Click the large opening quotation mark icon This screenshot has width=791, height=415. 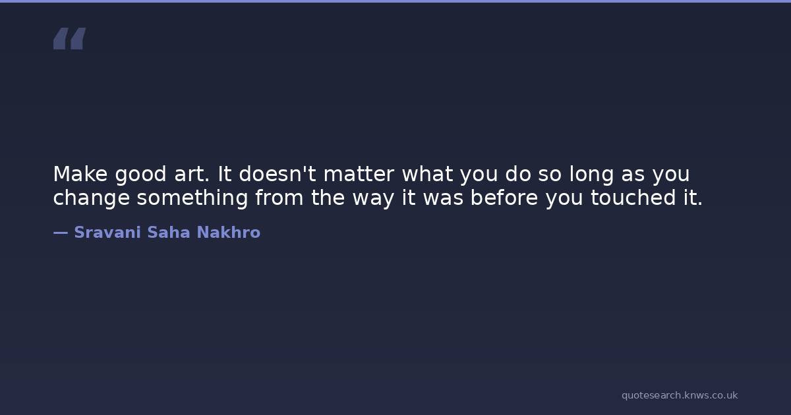coord(70,38)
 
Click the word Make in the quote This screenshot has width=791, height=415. coord(80,174)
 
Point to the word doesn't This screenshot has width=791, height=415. coord(278,174)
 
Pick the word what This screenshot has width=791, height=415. coord(428,174)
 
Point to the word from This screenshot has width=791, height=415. coord(279,197)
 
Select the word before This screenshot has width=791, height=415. coord(504,197)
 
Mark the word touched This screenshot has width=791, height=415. coord(633,197)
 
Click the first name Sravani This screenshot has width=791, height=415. coord(107,233)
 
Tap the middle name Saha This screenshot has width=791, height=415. coord(169,233)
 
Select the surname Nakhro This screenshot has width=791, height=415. coord(229,233)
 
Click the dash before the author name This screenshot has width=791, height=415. coord(61,233)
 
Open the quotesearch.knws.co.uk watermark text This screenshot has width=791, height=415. coord(680,396)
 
